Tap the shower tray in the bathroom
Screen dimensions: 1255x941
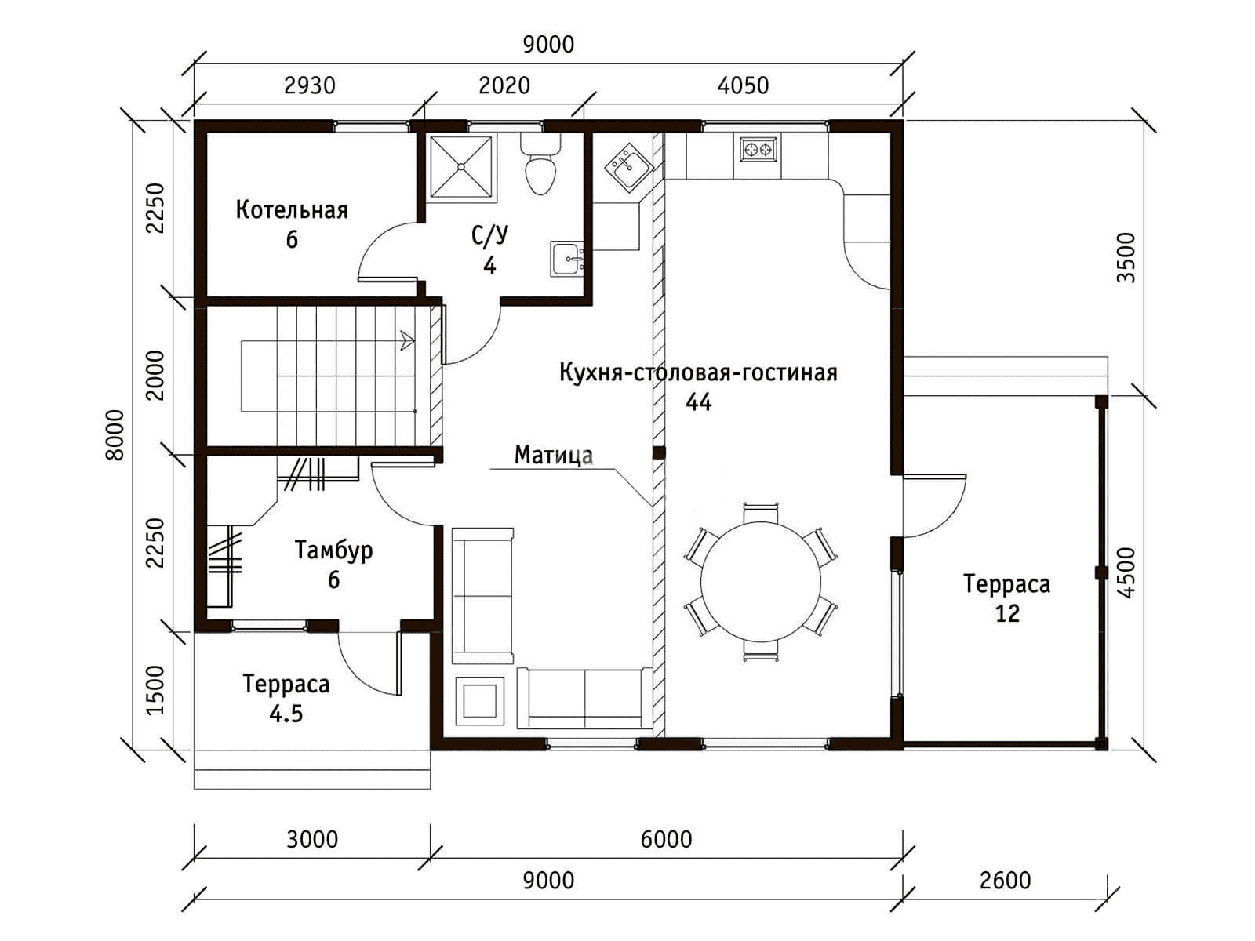[x=461, y=166]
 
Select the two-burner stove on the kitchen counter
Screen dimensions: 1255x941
[x=758, y=150]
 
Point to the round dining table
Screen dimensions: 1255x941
[x=760, y=582]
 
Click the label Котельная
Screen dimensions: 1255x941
[x=292, y=210]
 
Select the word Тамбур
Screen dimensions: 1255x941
[x=334, y=550]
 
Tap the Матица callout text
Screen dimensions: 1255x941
[x=554, y=455]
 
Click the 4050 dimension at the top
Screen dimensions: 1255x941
[x=743, y=85]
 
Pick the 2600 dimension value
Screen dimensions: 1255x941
[x=1005, y=881]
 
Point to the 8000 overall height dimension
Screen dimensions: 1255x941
[x=115, y=434]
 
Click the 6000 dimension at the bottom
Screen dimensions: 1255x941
[x=666, y=839]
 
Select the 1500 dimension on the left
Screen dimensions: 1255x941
[x=155, y=689]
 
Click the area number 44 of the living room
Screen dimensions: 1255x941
[x=698, y=402]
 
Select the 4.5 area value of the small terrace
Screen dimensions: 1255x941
[x=286, y=714]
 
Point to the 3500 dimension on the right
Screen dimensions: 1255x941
[x=1126, y=258]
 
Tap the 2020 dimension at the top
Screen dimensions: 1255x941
[x=504, y=85]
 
